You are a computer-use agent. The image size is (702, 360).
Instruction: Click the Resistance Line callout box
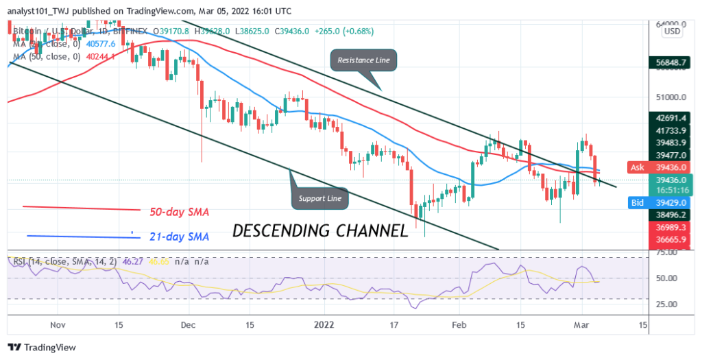(363, 60)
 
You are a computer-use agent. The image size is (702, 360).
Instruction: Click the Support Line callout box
(320, 198)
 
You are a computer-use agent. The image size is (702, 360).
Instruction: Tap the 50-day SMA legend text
(180, 211)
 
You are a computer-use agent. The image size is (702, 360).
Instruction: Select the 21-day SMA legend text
(180, 236)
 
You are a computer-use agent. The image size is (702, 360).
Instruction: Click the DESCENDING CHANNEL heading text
(320, 231)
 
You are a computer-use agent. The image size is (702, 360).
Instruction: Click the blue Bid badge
(638, 204)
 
